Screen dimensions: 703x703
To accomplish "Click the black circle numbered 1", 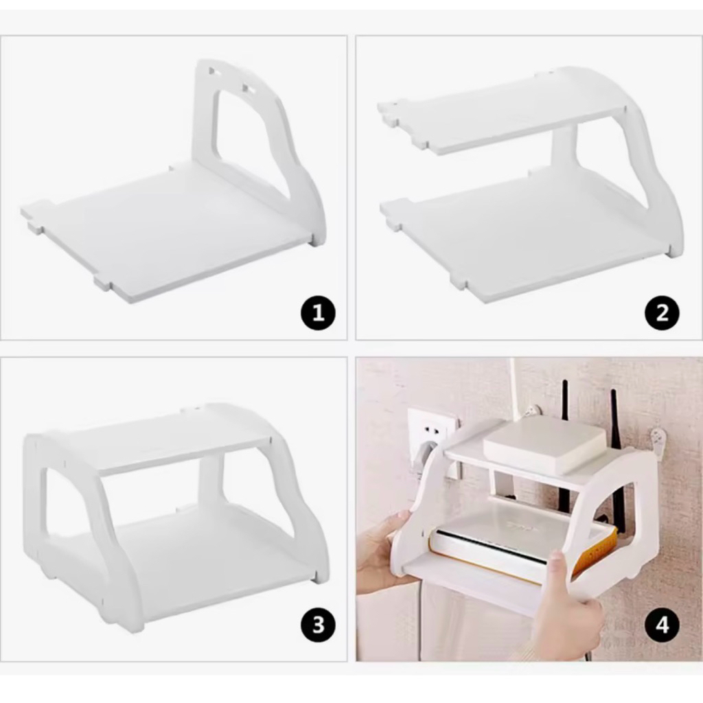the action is [319, 312].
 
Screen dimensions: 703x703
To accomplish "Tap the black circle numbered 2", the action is [662, 312].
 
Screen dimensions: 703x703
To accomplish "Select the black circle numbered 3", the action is [319, 624].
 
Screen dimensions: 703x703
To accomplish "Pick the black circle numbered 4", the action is [662, 624].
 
